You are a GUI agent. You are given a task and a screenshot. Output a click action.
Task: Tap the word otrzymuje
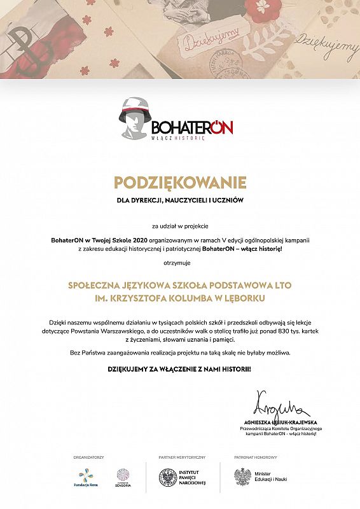[x=180, y=262]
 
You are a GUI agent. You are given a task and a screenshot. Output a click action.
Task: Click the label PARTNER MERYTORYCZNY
[x=182, y=457]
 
